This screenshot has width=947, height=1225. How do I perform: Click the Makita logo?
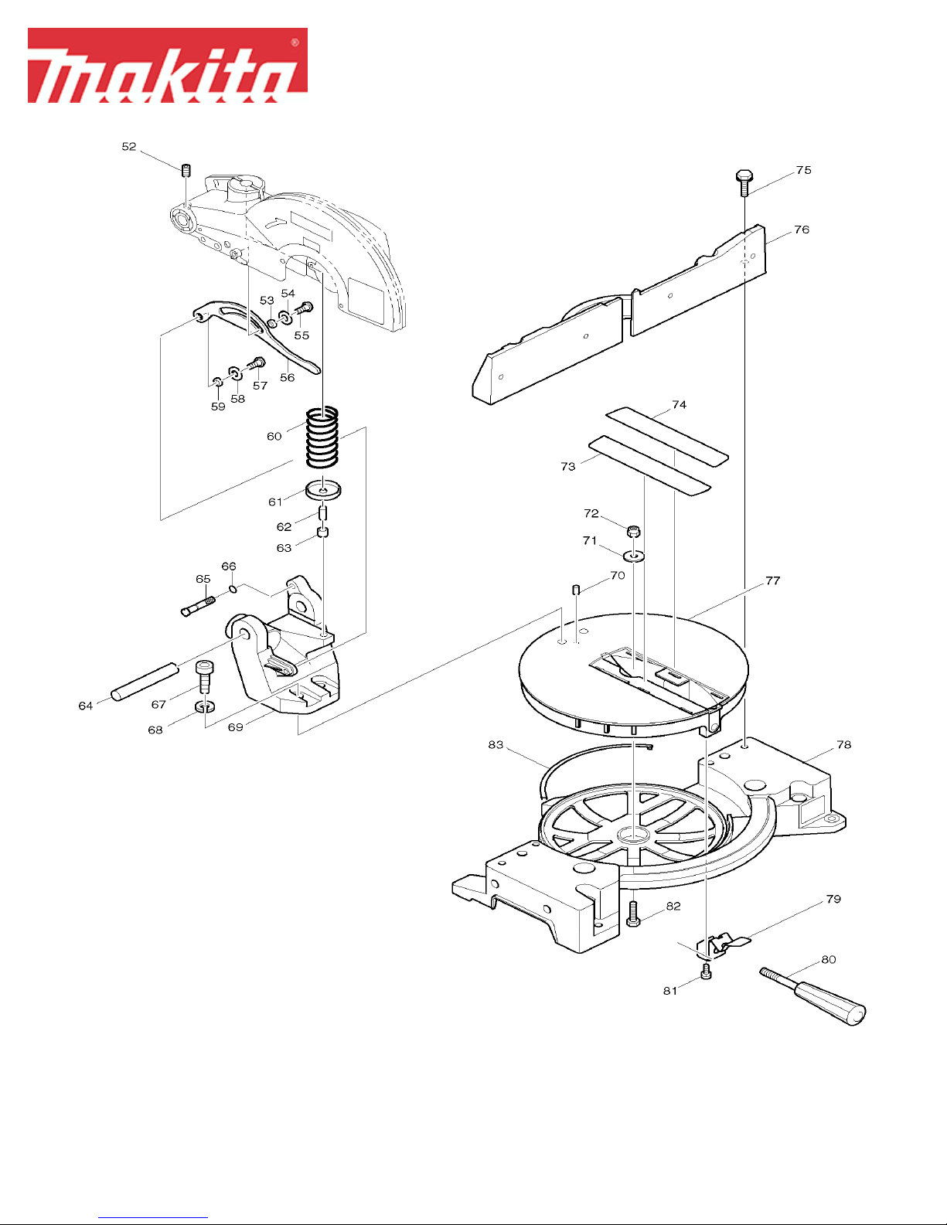[168, 66]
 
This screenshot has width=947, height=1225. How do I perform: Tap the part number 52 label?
[129, 147]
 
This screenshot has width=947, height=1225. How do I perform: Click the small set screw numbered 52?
[186, 169]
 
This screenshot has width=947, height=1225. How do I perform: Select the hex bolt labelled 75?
[744, 182]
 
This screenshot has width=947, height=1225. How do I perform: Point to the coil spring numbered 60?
[322, 437]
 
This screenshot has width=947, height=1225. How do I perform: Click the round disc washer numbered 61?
[323, 490]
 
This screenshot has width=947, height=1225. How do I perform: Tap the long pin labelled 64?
[145, 682]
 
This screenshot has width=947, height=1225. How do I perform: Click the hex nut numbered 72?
[634, 531]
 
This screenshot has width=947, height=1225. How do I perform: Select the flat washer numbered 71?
[635, 557]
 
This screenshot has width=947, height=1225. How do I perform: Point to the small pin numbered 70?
[575, 590]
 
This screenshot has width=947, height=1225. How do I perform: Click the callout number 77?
[773, 580]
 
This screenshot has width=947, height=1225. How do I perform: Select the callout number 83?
[496, 745]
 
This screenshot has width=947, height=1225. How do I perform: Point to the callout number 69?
[236, 727]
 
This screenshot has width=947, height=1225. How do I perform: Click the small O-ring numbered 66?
[233, 589]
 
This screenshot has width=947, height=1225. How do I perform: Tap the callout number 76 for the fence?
[802, 230]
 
